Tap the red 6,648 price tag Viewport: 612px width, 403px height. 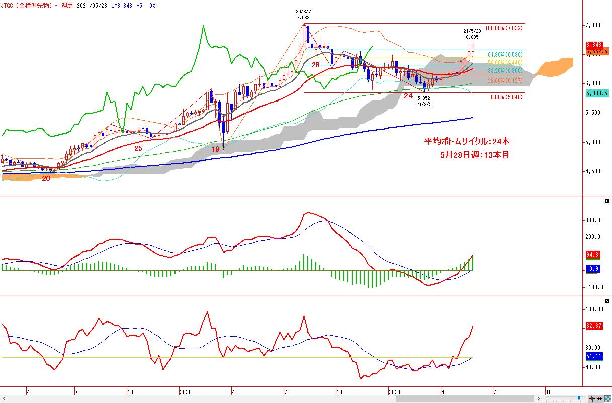coord(594,45)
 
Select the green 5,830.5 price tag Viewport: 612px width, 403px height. coord(597,93)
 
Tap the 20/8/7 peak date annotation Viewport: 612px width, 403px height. coord(303,11)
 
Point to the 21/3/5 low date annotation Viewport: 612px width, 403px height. coord(424,105)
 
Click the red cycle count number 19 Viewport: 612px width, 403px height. coord(215,149)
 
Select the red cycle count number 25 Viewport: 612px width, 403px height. coord(138,148)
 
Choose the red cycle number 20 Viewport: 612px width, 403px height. coord(46,178)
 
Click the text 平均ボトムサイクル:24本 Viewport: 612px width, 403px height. coord(467,142)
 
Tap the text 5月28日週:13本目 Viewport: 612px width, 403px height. coord(474,155)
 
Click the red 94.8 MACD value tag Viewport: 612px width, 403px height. coord(593,255)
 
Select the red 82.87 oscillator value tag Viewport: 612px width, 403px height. coord(594,327)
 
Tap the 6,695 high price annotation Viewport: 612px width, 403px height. coord(471,37)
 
